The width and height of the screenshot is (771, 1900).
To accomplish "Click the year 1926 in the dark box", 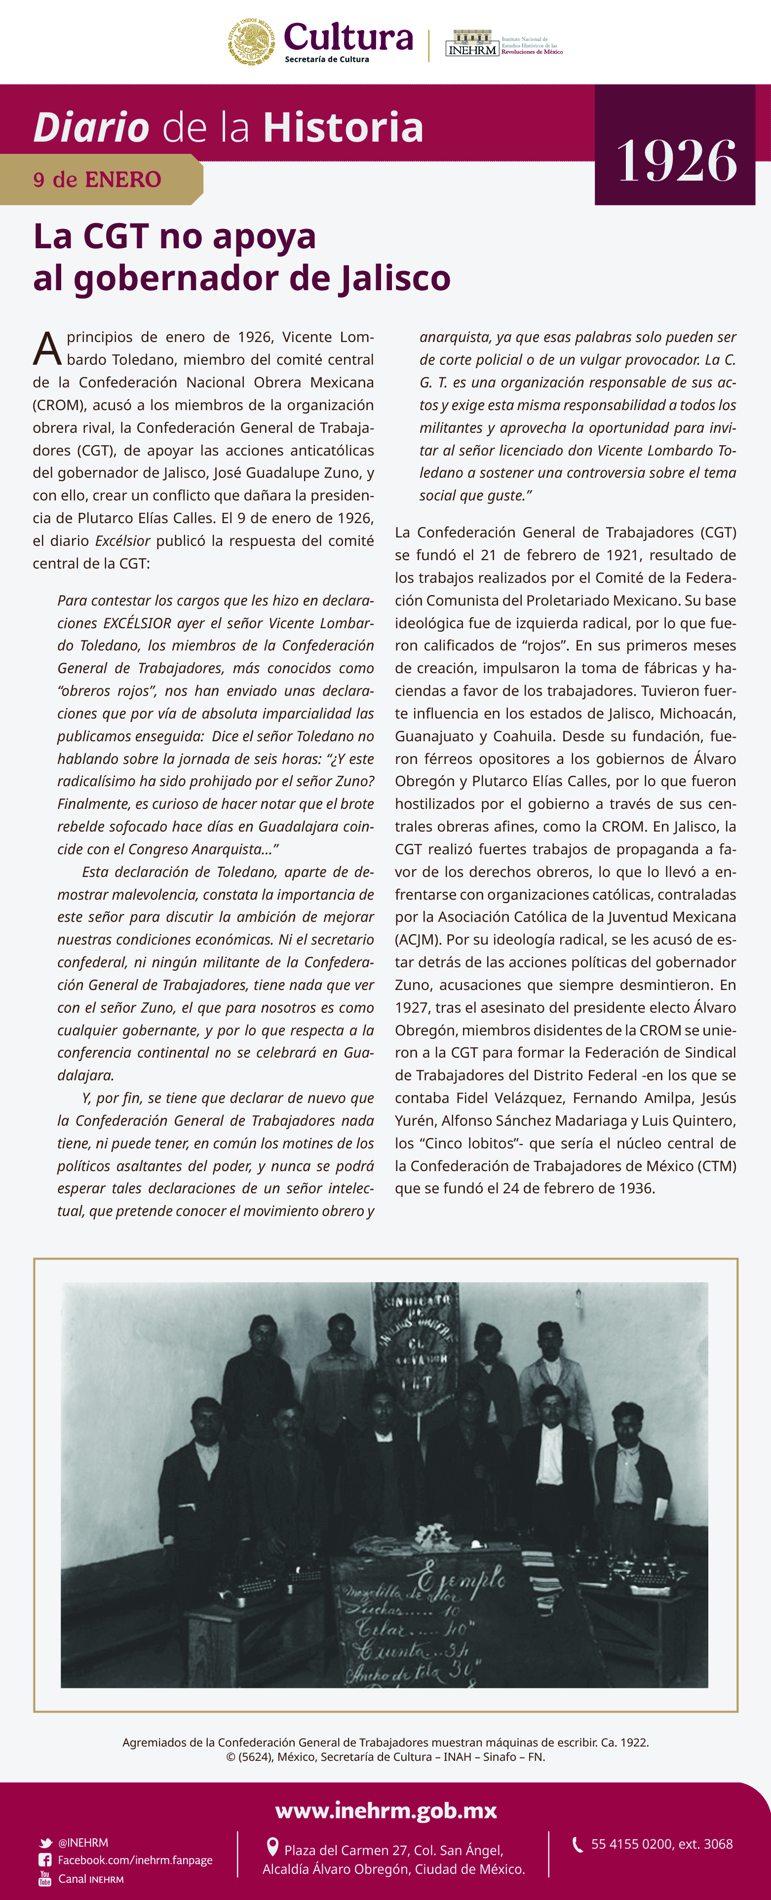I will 676,161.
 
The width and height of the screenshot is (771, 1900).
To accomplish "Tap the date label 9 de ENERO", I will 97,179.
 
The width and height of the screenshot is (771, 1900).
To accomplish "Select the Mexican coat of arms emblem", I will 251,42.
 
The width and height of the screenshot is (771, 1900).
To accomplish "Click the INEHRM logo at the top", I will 472,44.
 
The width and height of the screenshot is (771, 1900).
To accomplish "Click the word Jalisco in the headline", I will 395,278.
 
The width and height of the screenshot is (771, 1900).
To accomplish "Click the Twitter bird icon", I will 46,1842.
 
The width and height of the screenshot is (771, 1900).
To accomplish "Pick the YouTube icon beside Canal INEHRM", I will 45,1879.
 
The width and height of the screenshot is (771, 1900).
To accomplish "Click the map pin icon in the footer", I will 272,1847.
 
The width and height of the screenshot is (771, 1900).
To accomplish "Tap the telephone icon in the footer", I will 577,1844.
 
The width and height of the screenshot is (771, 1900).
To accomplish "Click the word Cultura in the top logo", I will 348,37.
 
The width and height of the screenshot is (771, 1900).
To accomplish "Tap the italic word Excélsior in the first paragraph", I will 122,541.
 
